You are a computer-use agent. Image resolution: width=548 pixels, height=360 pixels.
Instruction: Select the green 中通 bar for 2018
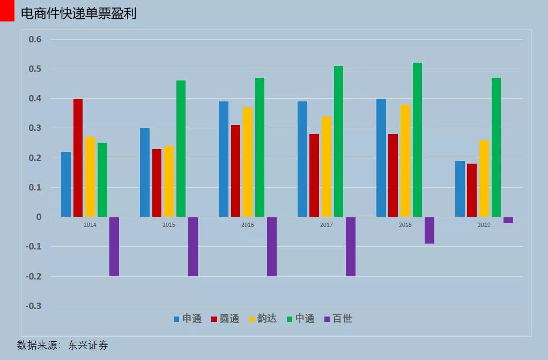(417, 140)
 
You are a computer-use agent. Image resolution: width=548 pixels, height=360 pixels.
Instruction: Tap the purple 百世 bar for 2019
(508, 220)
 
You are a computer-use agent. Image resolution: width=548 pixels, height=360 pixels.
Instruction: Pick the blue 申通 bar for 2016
(223, 159)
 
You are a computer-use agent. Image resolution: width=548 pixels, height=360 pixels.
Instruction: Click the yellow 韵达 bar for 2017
(327, 167)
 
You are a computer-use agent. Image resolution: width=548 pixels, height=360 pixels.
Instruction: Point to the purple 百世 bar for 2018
(429, 230)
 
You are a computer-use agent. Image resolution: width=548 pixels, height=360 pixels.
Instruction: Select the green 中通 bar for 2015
(181, 149)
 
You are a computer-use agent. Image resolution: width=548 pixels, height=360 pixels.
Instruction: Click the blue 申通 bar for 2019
(460, 189)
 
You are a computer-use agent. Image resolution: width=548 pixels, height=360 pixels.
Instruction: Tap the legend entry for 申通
(188, 319)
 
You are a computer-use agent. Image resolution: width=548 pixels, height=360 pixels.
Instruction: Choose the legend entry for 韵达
(262, 319)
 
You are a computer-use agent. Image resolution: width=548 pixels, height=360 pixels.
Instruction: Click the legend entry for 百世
(338, 319)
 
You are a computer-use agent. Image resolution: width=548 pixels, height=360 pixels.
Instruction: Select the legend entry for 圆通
(225, 319)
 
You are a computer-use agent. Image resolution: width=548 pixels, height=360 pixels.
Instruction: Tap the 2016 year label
(248, 225)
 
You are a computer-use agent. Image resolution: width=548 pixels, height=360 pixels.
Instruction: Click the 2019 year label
(484, 225)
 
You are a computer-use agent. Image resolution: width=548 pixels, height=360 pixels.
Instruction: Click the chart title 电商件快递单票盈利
(78, 13)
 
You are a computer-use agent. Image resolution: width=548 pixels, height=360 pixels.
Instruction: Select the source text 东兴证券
(88, 346)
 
